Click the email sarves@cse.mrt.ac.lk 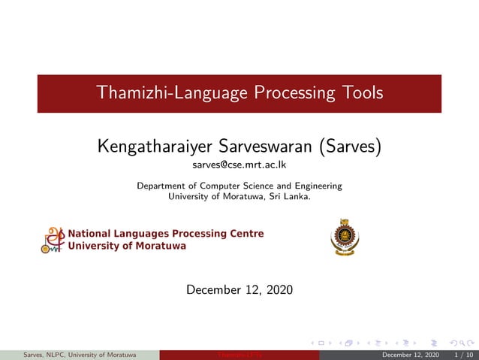[x=239, y=164]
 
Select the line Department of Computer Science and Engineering [x=239, y=186]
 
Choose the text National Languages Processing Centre [x=166, y=234]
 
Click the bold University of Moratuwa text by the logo [x=127, y=246]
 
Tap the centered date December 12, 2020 [x=239, y=289]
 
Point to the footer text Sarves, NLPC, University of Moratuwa [x=80, y=355]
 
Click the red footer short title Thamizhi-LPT [x=239, y=355]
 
